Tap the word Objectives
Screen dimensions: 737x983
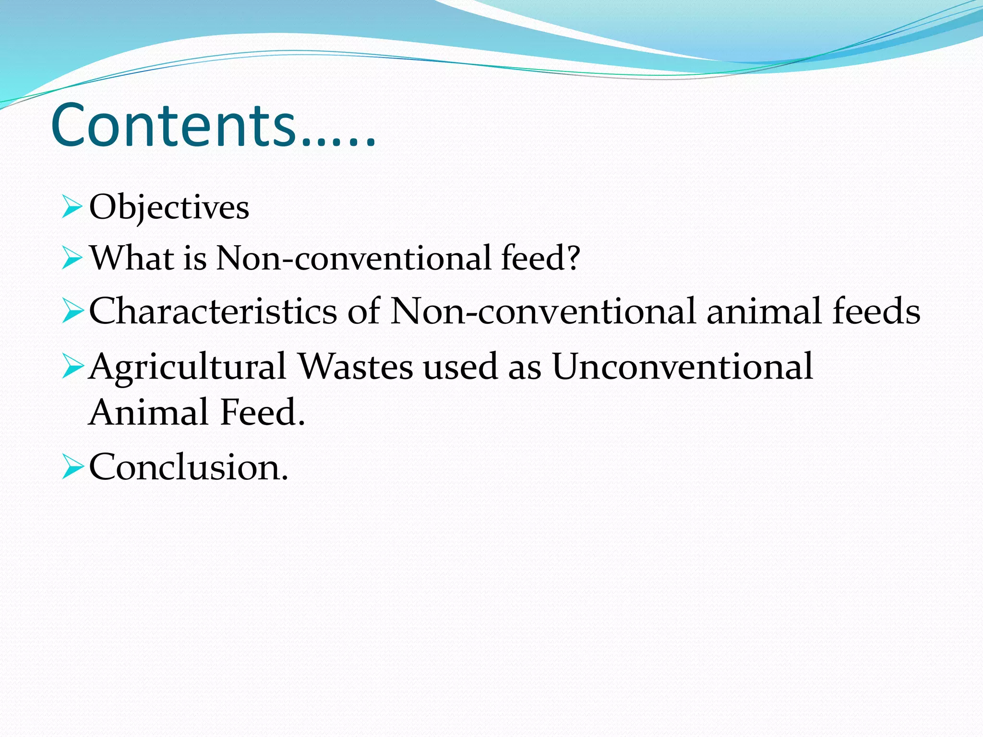click(x=169, y=208)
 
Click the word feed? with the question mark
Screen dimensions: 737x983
click(x=540, y=258)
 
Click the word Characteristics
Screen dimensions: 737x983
click(x=213, y=311)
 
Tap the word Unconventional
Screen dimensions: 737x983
click(x=683, y=367)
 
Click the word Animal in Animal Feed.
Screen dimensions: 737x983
click(x=150, y=412)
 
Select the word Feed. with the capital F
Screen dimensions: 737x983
click(x=263, y=412)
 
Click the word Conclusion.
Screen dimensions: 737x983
click(x=189, y=466)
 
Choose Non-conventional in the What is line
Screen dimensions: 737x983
click(x=353, y=258)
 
